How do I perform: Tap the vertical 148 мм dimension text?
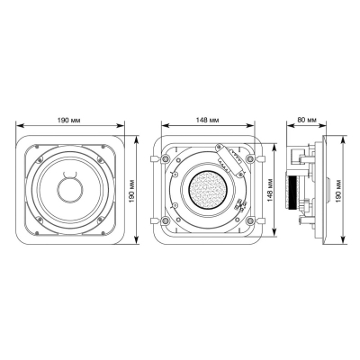(x=269, y=191)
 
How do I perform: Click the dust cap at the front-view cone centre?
(x=71, y=191)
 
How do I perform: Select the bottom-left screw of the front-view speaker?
(x=37, y=226)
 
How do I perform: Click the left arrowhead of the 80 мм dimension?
(x=292, y=127)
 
